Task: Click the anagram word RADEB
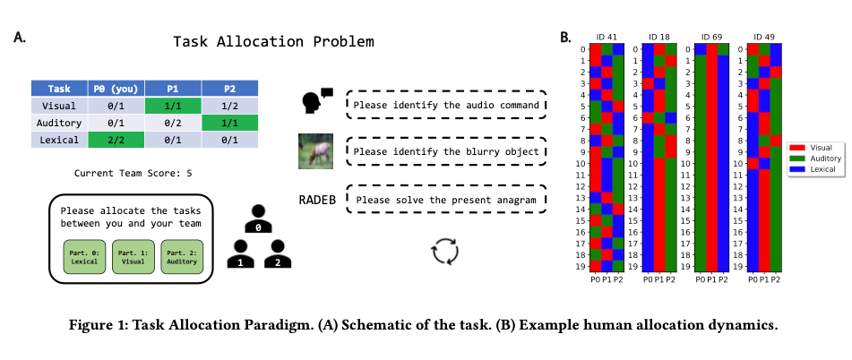tap(318, 198)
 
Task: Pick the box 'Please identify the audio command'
tap(445, 106)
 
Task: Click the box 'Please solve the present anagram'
tap(445, 198)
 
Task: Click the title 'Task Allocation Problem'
tap(272, 42)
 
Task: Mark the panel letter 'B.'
tap(566, 38)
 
